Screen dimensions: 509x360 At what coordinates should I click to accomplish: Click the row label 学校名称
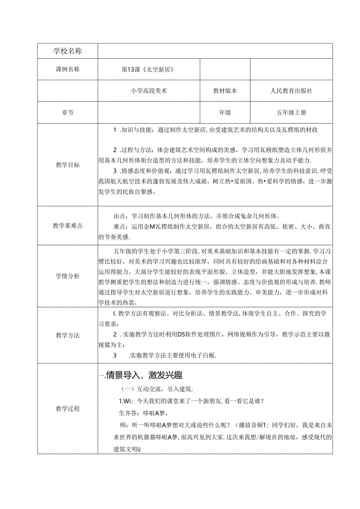[x=68, y=51]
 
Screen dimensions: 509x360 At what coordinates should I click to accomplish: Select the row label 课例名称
[x=68, y=70]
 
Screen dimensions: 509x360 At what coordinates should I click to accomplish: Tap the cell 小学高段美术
[x=149, y=91]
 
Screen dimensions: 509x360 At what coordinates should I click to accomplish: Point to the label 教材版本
[x=225, y=91]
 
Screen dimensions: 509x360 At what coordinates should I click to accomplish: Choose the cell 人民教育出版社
[x=292, y=91]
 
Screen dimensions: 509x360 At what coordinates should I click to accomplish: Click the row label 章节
[x=68, y=113]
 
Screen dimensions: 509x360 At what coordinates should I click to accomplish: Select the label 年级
[x=225, y=113]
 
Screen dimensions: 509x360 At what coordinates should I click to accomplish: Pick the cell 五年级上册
[x=292, y=113]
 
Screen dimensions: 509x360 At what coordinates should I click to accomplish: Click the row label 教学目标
[x=68, y=165]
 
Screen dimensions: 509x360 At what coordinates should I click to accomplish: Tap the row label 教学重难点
[x=68, y=225]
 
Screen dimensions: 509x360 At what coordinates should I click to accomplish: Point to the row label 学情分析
[x=68, y=276]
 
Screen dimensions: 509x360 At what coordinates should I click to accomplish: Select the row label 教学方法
[x=68, y=335]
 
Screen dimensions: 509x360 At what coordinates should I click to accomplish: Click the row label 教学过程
[x=68, y=408]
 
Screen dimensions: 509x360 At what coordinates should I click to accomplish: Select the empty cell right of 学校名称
[x=215, y=51]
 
